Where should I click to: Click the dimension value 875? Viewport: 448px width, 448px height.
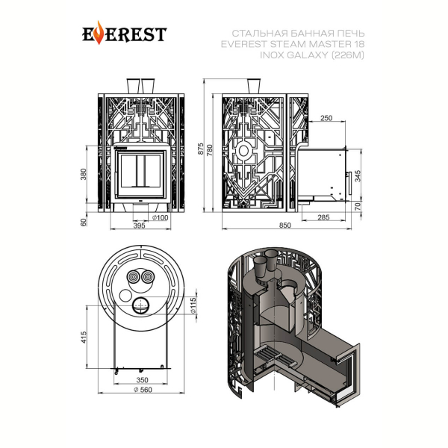201,149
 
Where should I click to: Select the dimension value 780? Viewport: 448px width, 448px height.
210,150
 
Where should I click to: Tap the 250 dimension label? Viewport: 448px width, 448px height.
326,118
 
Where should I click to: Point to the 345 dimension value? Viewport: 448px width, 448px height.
358,175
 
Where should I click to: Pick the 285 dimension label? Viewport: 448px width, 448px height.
323,217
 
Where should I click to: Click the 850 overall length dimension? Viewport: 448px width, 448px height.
285,225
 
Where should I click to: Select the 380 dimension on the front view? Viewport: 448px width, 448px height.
83,174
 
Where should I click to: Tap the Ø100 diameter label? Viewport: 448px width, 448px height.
160,218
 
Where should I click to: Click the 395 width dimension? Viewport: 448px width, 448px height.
140,225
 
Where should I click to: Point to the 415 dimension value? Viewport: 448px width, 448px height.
83,337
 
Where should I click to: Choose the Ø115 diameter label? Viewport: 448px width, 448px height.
193,305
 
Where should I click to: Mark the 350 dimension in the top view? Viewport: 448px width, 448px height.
142,380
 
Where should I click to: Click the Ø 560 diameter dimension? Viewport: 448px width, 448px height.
143,390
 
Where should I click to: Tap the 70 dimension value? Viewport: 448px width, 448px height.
358,206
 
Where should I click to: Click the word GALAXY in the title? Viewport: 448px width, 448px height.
307,55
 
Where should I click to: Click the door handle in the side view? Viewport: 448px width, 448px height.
349,184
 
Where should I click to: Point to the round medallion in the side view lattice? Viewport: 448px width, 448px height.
243,151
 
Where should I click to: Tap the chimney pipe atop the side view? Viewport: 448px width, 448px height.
254,87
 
